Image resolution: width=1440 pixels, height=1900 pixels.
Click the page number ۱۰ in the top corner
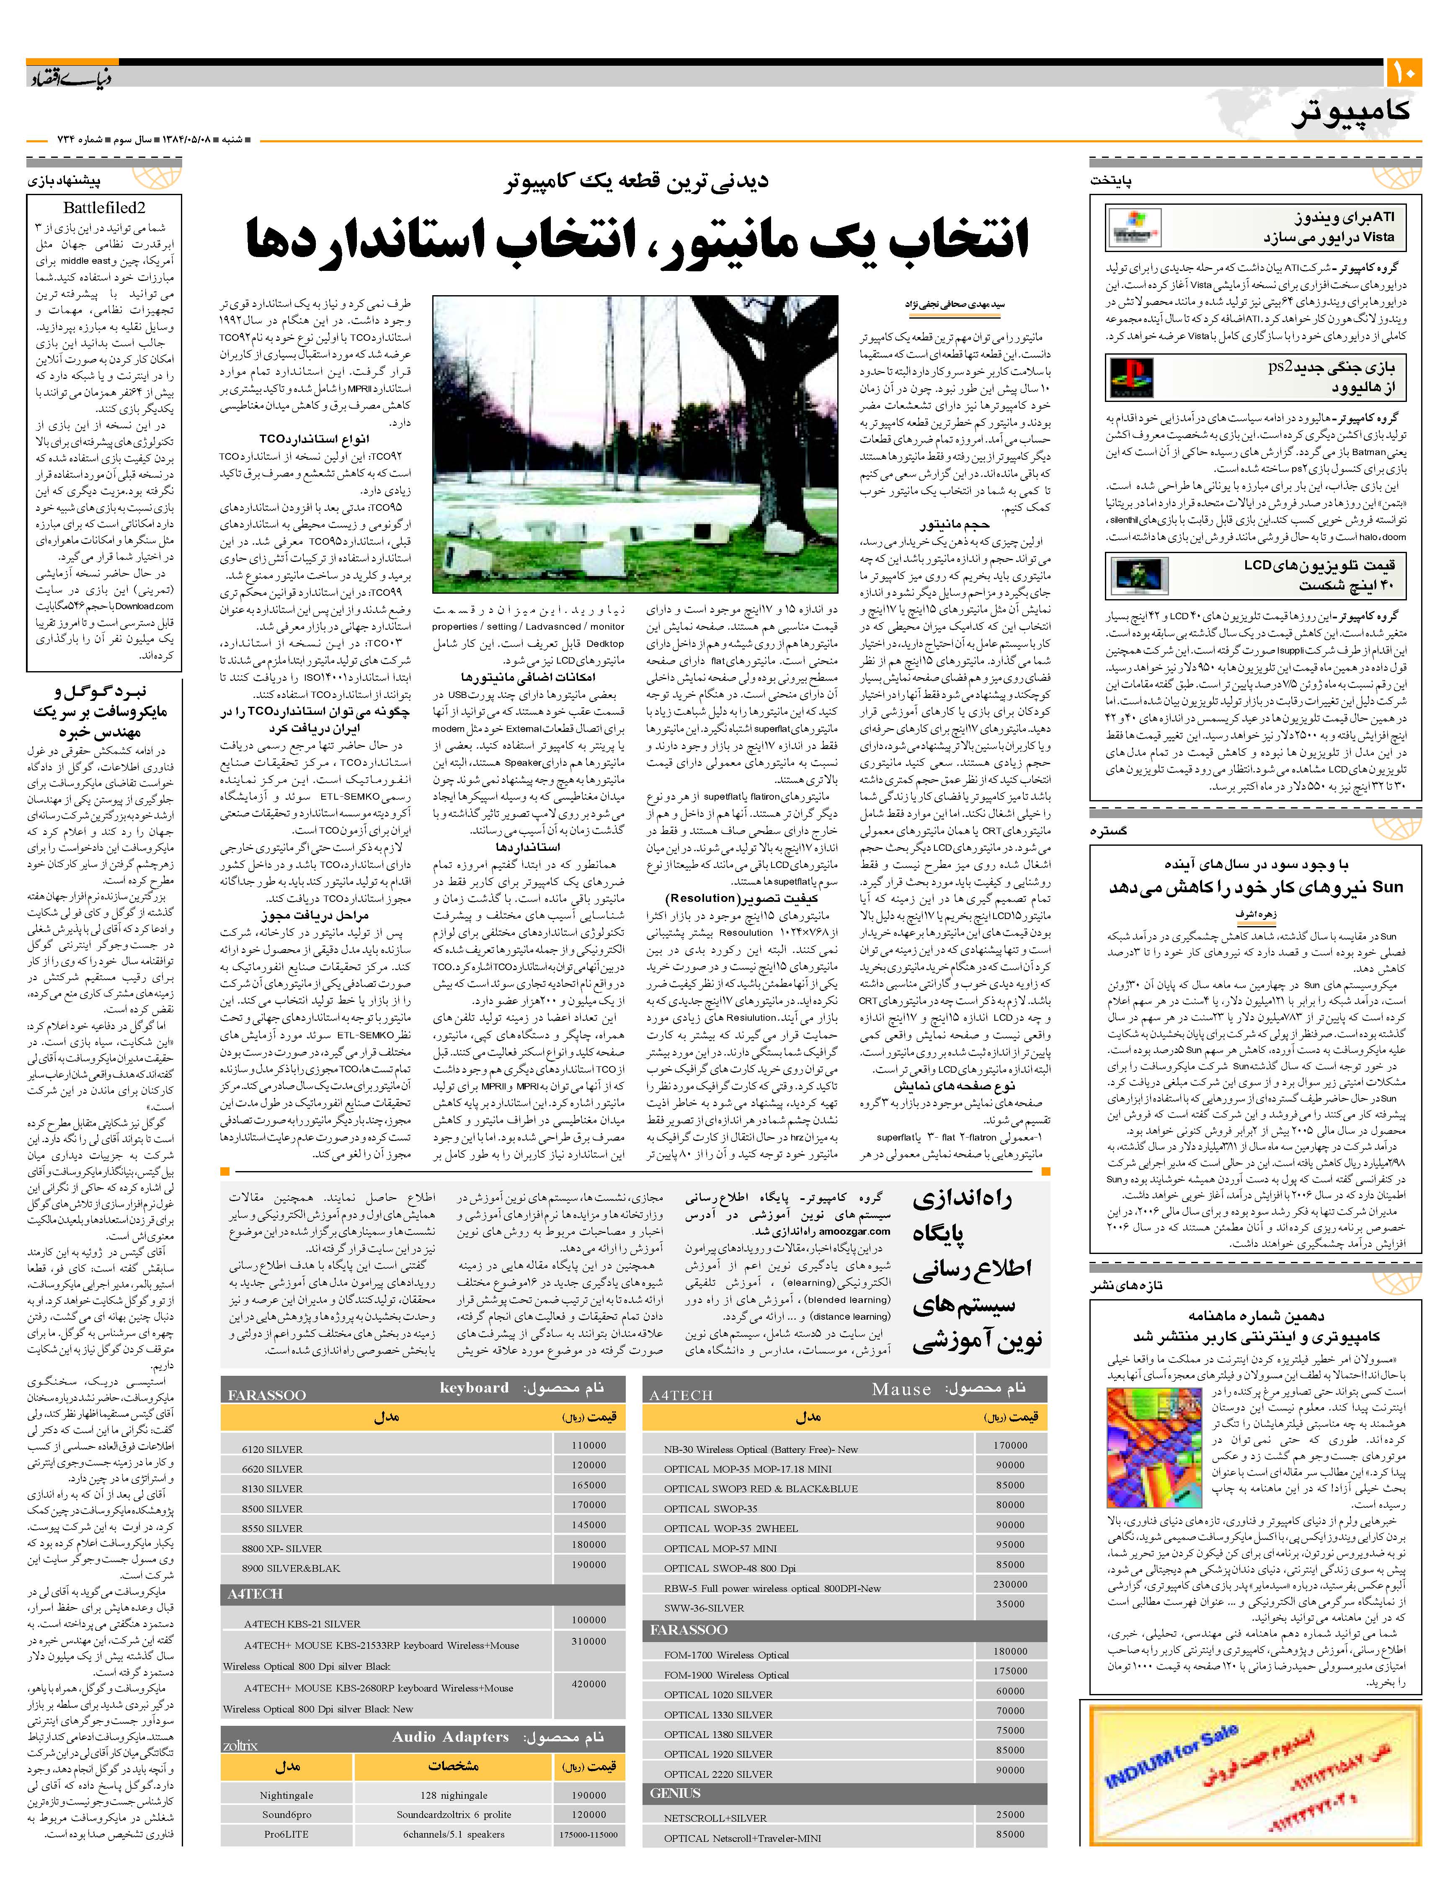(1405, 73)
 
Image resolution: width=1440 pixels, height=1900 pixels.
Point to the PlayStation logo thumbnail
(1132, 378)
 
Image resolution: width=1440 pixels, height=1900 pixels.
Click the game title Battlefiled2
(104, 208)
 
